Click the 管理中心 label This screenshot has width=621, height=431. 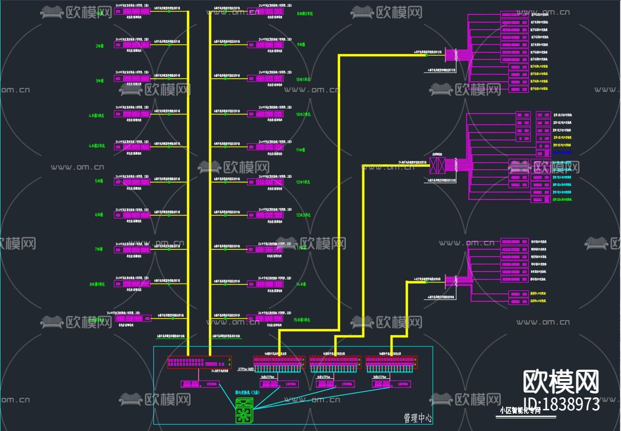point(418,419)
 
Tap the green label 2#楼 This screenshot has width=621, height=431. point(100,46)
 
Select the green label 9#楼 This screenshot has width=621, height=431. point(301,45)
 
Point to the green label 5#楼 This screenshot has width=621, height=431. point(99,181)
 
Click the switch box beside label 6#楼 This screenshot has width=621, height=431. point(132,215)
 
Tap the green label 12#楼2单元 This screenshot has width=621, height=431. point(303,215)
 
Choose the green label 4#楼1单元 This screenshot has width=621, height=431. point(97,116)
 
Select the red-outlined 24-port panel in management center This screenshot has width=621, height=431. point(199,362)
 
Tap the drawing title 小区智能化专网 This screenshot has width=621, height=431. point(520,410)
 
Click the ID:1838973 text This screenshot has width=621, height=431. point(561,404)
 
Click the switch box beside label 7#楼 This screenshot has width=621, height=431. point(132,249)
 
